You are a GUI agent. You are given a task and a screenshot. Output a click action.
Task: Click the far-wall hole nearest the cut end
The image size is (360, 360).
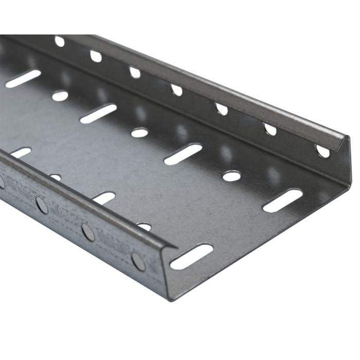click(322, 151)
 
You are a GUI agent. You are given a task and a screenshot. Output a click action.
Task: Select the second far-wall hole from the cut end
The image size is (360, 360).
click(270, 129)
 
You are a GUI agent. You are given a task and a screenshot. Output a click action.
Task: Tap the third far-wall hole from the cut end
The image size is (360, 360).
click(221, 109)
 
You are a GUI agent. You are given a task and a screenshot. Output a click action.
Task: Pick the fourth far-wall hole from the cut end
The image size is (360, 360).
click(176, 90)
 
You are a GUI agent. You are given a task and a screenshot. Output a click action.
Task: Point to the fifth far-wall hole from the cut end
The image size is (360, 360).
click(135, 73)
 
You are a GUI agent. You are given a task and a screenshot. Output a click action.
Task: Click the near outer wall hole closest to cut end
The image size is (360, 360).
click(138, 261)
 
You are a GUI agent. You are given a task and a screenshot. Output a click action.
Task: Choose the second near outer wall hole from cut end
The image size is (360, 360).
click(88, 232)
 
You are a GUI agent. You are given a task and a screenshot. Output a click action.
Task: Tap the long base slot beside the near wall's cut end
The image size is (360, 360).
click(191, 256)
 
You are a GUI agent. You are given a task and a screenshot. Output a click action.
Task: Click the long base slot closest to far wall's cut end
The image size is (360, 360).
click(282, 200)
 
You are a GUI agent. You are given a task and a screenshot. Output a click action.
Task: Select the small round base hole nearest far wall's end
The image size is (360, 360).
click(231, 176)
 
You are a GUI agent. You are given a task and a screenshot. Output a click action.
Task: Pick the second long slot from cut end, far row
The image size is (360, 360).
click(183, 154)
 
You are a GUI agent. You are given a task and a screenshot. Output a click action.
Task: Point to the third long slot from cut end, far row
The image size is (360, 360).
click(98, 114)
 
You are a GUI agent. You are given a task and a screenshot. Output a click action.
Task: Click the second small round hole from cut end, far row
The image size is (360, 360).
click(139, 133)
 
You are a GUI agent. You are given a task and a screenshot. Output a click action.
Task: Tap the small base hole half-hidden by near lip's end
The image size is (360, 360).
click(145, 226)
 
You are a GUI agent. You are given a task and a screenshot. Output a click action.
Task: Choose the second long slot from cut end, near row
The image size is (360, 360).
click(104, 197)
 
